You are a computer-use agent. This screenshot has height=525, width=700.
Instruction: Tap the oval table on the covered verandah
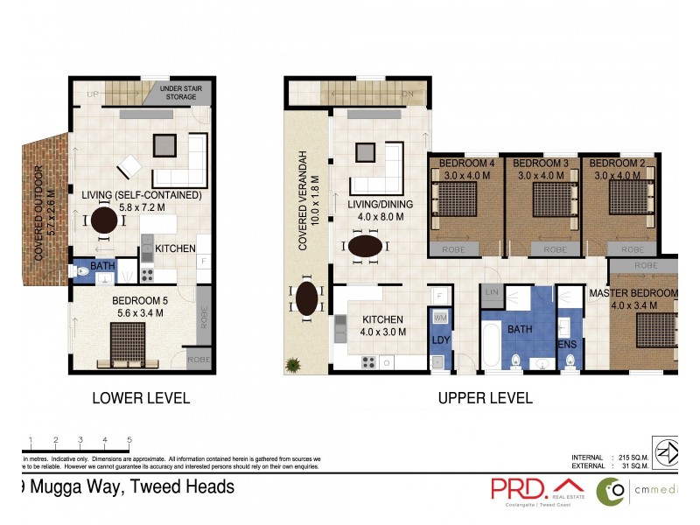point(307,298)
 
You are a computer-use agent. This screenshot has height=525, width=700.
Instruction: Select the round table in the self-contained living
point(104,219)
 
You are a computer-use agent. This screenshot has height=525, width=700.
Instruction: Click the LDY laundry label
point(439,341)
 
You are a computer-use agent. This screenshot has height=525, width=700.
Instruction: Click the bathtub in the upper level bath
point(490,346)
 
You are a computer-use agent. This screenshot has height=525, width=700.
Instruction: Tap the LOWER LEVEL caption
point(141,398)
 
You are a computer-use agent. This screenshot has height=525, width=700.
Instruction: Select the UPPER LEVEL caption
point(485,398)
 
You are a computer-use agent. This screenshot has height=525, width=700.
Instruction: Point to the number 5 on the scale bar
point(129,440)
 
